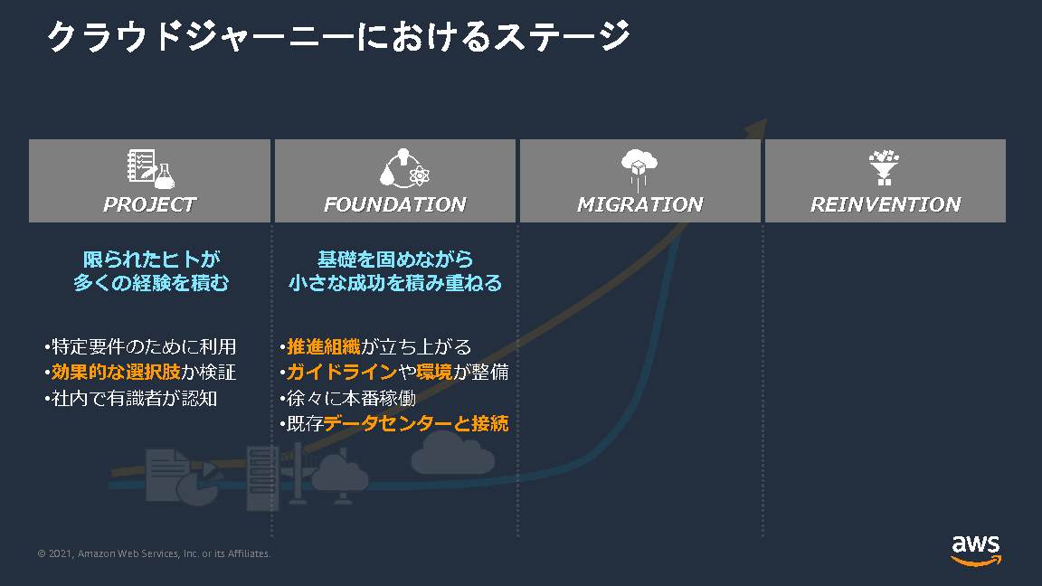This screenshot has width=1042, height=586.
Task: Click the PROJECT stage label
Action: point(149,204)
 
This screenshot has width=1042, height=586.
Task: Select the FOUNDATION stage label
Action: point(394,204)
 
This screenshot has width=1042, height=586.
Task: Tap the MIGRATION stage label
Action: point(639,204)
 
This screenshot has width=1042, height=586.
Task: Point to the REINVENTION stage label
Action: point(885,204)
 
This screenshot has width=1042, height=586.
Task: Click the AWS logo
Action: point(975,549)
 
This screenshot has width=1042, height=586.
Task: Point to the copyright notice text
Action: point(154,553)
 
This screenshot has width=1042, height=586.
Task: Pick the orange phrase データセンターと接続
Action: point(416,423)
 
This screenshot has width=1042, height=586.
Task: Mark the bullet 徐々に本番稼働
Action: point(348,398)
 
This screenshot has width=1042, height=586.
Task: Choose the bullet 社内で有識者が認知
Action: point(131,398)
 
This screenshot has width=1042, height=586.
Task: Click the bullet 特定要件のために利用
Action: point(140,347)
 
